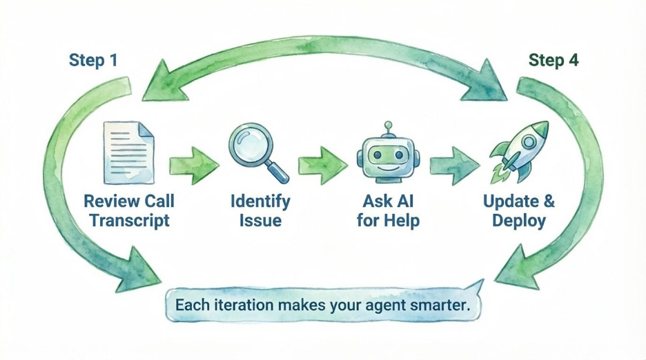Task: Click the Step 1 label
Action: [x=93, y=60]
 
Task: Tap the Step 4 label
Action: [x=554, y=60]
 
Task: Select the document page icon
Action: [x=128, y=152]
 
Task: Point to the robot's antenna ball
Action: [x=388, y=125]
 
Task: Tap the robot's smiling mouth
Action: [x=388, y=168]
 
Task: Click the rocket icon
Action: [x=520, y=152]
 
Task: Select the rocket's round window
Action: [x=528, y=142]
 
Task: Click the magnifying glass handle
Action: [x=277, y=171]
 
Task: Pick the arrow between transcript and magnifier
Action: [x=194, y=165]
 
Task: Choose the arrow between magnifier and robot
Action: [x=322, y=165]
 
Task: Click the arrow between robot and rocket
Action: [x=454, y=166]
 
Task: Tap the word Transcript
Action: [x=129, y=221]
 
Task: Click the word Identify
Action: [x=260, y=201]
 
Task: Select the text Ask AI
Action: [x=388, y=201]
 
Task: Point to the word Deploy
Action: [x=519, y=221]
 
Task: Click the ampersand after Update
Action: [x=549, y=201]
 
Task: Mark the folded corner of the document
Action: [x=146, y=130]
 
